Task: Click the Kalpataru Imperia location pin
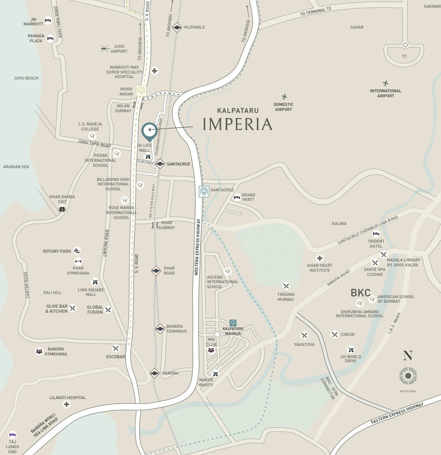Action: pyautogui.click(x=149, y=130)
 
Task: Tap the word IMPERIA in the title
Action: pyautogui.click(x=237, y=124)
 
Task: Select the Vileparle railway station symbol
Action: pyautogui.click(x=177, y=27)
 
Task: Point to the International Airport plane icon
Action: pyautogui.click(x=386, y=83)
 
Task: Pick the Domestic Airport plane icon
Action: pyautogui.click(x=284, y=97)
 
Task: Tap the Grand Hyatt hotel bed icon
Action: pyautogui.click(x=236, y=197)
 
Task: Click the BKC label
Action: pyautogui.click(x=361, y=293)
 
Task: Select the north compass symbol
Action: pyautogui.click(x=408, y=375)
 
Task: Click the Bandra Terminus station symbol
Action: pyautogui.click(x=160, y=329)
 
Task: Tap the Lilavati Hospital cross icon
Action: pyautogui.click(x=67, y=405)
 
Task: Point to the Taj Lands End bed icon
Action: pyautogui.click(x=12, y=434)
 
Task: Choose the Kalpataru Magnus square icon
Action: pyautogui.click(x=233, y=322)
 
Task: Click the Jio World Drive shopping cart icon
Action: pyautogui.click(x=350, y=350)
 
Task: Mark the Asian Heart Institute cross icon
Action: pyautogui.click(x=320, y=258)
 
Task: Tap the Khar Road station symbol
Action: pyautogui.click(x=156, y=270)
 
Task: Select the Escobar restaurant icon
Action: pyautogui.click(x=115, y=348)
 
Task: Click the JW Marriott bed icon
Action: pyautogui.click(x=48, y=20)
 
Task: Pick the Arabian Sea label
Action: pyautogui.click(x=16, y=167)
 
